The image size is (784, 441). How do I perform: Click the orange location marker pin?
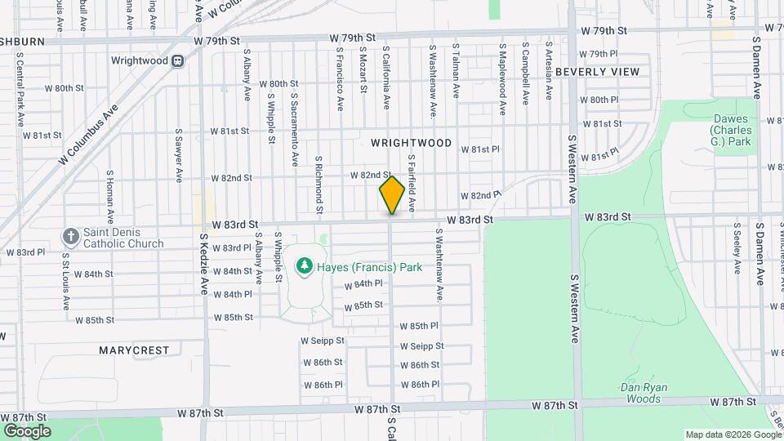pos(392,195)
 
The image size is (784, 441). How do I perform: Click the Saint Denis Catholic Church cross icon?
pos(70,237)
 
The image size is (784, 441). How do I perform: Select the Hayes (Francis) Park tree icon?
pos(304,266)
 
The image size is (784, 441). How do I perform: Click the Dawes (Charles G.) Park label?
pos(730,131)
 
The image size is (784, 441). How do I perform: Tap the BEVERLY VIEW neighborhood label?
pos(597,72)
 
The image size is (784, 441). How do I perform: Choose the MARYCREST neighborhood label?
pos(134,350)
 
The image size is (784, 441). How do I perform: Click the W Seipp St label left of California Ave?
pos(323,341)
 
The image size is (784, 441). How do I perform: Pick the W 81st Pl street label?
pos(479,149)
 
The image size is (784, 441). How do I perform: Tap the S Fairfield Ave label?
pos(412,181)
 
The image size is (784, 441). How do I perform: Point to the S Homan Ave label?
pos(109,195)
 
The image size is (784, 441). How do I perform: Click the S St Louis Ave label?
pos(66,281)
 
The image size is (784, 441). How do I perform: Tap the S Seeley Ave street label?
pos(737,247)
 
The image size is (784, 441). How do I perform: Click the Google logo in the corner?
pos(27,430)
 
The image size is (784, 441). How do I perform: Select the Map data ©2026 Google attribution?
pos(733,434)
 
